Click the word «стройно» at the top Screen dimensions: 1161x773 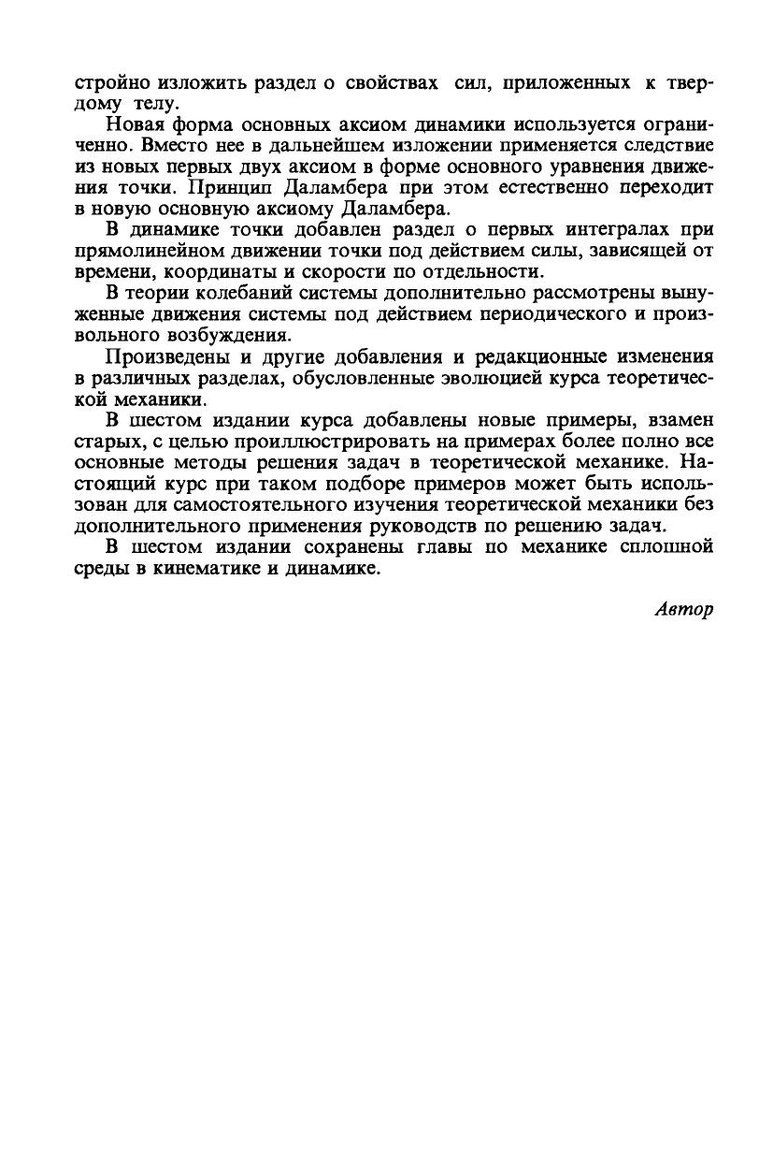point(108,82)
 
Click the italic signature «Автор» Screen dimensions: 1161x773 point(683,609)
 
